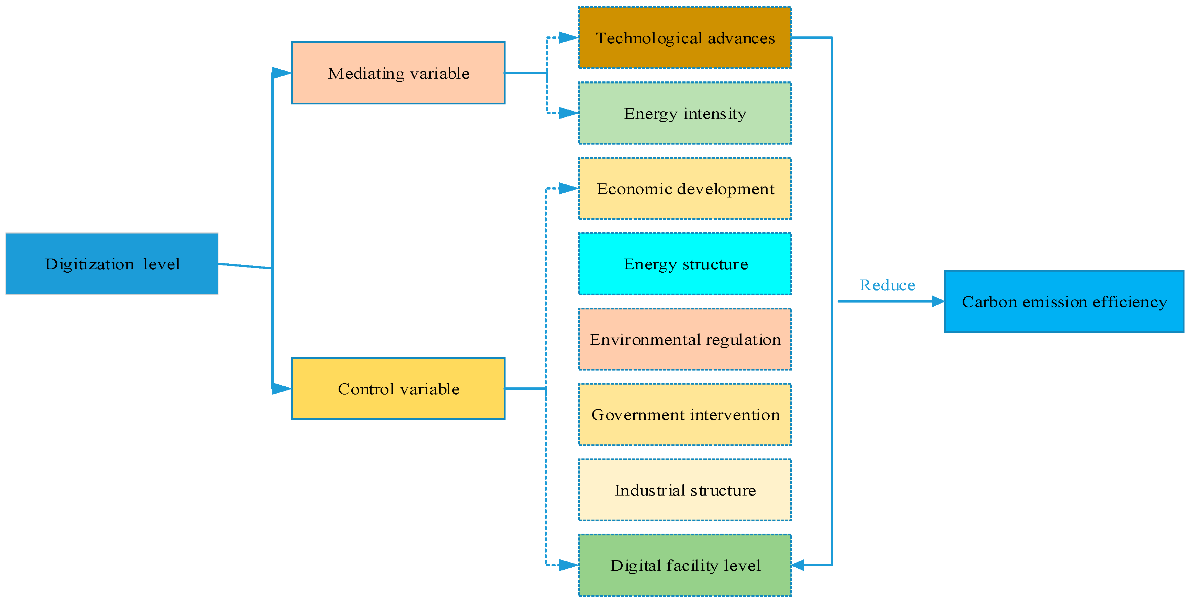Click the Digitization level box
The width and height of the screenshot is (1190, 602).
112,264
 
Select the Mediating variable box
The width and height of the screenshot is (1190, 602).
398,73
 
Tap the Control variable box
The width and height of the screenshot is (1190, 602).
398,388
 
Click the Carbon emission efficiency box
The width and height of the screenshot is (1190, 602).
1064,301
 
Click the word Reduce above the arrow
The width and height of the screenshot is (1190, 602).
887,285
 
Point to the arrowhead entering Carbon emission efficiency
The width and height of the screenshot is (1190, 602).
938,301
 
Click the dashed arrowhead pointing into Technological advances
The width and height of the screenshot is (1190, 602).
568,38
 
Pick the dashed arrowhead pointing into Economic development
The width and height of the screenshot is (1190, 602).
568,189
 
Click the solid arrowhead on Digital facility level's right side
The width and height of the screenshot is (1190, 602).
798,565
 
